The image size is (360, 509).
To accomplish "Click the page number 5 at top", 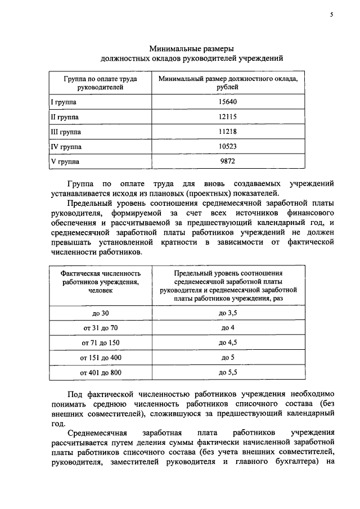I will click(x=331, y=16).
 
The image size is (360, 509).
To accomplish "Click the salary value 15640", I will click(x=228, y=102).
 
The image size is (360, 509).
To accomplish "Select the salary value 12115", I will click(x=228, y=117).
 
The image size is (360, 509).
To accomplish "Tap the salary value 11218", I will click(x=228, y=132).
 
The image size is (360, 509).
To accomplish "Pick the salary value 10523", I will click(x=228, y=147).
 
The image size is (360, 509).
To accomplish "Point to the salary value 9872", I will click(x=228, y=161).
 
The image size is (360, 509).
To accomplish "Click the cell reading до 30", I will click(x=100, y=313).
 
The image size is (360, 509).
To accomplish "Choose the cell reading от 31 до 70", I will click(x=100, y=327).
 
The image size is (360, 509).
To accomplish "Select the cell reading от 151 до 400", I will click(x=100, y=357).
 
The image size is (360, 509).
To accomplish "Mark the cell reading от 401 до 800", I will click(x=100, y=372).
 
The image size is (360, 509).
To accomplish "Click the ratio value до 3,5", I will click(x=228, y=313).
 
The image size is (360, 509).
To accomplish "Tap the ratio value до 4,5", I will click(x=228, y=343).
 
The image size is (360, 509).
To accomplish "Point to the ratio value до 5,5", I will click(x=228, y=372).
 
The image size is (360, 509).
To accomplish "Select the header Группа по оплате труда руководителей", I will click(x=100, y=83).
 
